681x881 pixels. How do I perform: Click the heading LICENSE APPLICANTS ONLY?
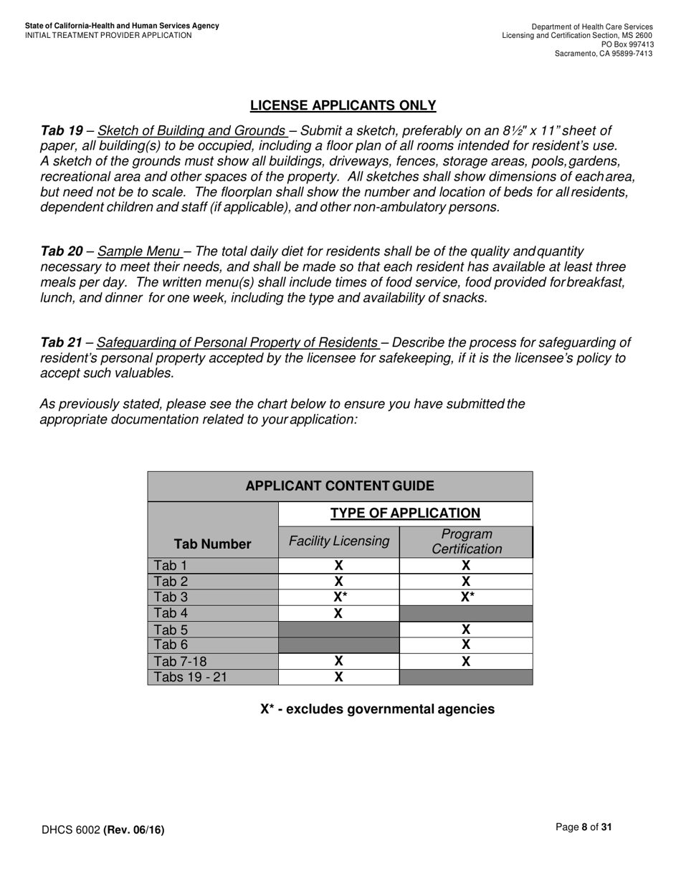tap(343, 105)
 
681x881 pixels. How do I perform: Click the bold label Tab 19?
tap(62, 130)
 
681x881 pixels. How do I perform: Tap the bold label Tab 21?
tap(62, 342)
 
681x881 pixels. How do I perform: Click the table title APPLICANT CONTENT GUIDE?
tap(340, 486)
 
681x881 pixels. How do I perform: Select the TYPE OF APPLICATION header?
tap(405, 513)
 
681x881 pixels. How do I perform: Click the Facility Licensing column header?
tap(338, 541)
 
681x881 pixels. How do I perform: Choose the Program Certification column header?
tap(466, 541)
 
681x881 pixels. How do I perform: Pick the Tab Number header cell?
tap(213, 544)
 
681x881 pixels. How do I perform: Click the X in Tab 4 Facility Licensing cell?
tap(338, 613)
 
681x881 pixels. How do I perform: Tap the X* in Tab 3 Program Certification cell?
tap(466, 597)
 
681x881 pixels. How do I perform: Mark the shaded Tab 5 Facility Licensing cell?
tap(338, 630)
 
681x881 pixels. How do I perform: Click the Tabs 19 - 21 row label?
tap(190, 677)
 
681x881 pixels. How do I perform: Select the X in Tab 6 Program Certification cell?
tap(466, 645)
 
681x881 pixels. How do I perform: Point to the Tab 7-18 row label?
tap(180, 661)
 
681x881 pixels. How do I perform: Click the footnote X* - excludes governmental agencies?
tap(377, 709)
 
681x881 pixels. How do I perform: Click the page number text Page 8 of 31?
tap(584, 827)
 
